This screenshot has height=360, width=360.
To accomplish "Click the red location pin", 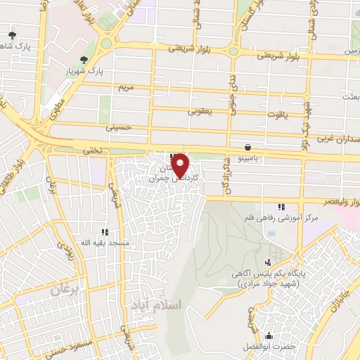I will (181, 164).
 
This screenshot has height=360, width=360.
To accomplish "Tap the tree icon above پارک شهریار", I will (84, 59).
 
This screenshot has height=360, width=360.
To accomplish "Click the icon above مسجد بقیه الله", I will (105, 232).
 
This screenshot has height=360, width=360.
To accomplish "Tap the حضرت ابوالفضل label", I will (269, 345).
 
